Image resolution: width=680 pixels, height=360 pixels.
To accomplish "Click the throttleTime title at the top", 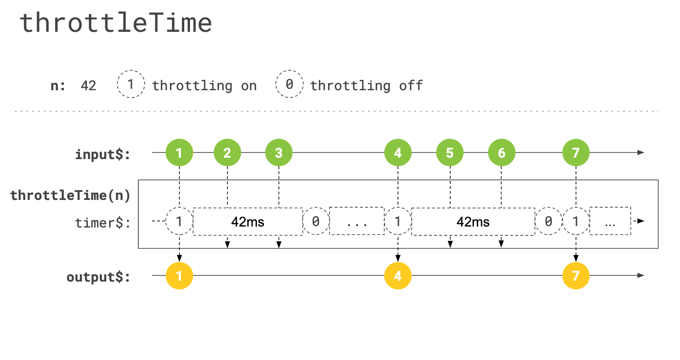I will click(x=115, y=23).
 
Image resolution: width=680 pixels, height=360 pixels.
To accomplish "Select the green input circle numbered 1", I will click(x=179, y=153).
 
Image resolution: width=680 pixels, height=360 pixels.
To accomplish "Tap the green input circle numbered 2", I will click(x=227, y=153).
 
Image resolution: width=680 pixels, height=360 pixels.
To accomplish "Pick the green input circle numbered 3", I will click(x=279, y=153).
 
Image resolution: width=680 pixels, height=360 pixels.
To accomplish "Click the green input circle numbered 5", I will click(x=450, y=153).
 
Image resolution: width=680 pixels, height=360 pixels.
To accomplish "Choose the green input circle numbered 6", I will click(x=501, y=153).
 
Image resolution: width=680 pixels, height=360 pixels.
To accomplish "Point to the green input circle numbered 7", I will click(x=576, y=153).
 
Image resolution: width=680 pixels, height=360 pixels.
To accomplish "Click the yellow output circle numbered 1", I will click(x=179, y=275).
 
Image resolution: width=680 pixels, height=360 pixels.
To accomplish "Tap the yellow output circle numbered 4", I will click(x=397, y=275).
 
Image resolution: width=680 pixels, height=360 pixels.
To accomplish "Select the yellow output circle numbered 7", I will click(x=576, y=275).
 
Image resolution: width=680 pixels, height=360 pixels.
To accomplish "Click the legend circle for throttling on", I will click(x=131, y=85).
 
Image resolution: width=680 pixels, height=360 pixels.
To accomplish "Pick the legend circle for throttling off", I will click(x=289, y=85).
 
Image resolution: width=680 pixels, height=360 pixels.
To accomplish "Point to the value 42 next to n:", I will click(x=88, y=86).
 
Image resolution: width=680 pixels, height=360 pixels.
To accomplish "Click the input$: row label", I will click(x=103, y=154).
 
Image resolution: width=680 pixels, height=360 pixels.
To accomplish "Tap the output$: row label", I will click(x=98, y=277).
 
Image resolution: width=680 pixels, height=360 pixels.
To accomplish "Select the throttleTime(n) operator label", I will click(x=70, y=196).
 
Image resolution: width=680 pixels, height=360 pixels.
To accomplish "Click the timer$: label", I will click(x=103, y=223).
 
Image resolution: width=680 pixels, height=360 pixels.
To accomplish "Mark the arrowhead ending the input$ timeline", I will click(x=641, y=153).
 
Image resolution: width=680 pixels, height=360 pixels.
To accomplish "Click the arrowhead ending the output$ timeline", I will click(x=641, y=275).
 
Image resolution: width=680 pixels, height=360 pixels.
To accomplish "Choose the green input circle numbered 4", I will click(x=397, y=153).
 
